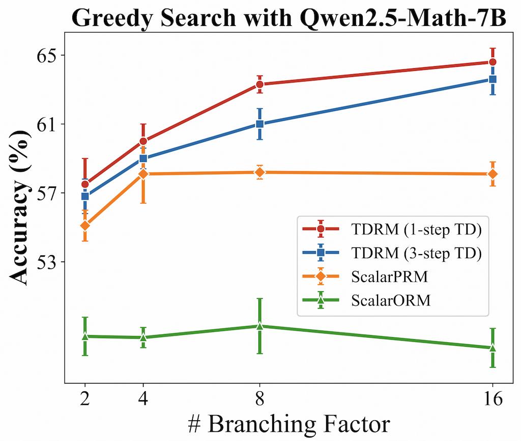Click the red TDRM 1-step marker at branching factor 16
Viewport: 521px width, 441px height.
point(493,62)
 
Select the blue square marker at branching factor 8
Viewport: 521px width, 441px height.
point(259,124)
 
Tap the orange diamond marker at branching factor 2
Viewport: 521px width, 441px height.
point(85,225)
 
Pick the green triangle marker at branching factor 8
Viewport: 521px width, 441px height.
point(259,326)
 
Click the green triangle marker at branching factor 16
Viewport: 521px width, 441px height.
point(493,348)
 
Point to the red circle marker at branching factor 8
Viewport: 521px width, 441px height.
point(259,84)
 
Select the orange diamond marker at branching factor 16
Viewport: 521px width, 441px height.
point(493,174)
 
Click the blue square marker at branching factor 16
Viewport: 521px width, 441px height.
point(493,79)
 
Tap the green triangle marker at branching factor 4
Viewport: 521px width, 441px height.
point(143,337)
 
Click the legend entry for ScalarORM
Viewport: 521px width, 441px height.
point(391,301)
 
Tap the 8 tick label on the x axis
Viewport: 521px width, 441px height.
point(259,399)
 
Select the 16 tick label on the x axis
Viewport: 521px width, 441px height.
point(493,399)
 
